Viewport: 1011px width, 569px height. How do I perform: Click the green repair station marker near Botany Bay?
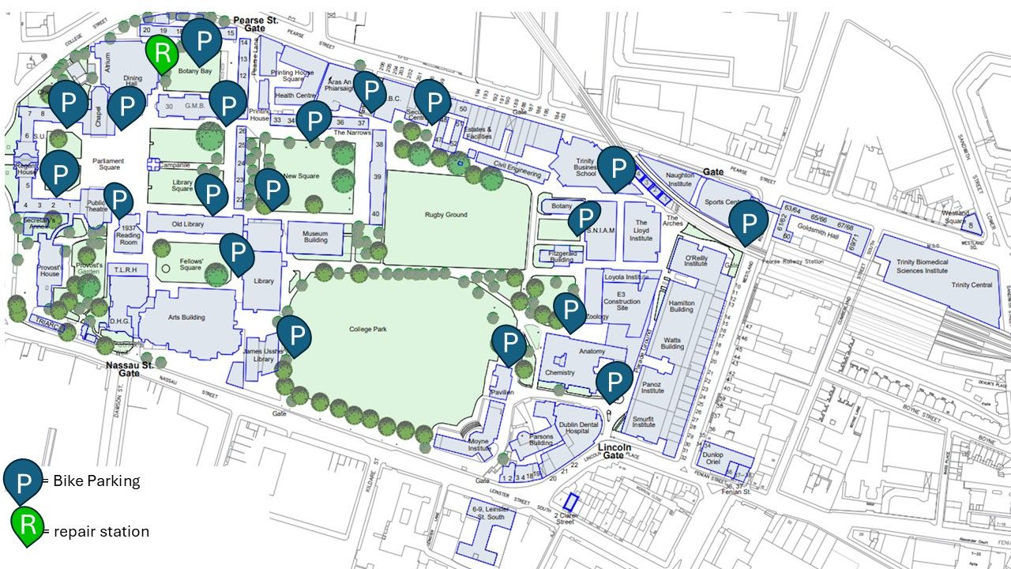(x=162, y=54)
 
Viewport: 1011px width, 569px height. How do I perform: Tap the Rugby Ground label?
(x=446, y=214)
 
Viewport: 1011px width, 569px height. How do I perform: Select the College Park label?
(x=370, y=329)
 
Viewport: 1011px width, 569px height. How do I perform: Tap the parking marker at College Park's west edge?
(x=294, y=336)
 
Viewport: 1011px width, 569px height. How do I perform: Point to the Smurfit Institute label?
(x=644, y=419)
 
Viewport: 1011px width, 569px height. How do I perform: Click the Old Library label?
(x=188, y=224)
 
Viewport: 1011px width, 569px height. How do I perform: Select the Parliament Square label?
(x=108, y=164)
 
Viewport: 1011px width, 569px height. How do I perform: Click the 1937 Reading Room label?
(x=128, y=235)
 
